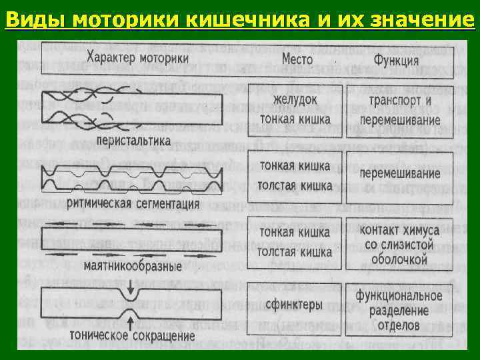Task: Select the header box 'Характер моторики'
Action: tap(141, 57)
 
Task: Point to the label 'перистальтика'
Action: tap(133, 142)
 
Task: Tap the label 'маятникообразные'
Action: tap(133, 266)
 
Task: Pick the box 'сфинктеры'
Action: tap(293, 305)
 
